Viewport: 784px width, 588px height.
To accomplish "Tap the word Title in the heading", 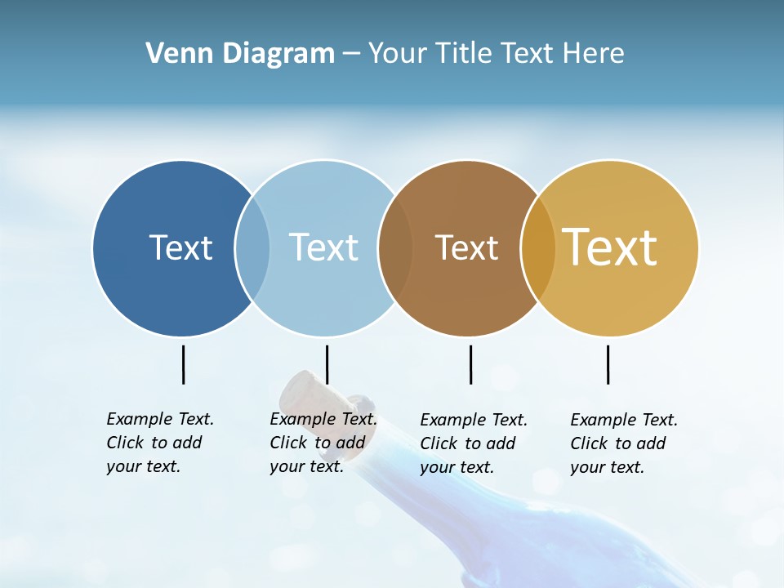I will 464,54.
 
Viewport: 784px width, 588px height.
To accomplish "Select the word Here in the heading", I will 594,54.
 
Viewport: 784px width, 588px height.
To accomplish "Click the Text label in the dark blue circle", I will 180,247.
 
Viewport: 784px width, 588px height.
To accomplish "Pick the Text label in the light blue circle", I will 323,247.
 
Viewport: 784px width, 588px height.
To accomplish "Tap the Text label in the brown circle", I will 466,247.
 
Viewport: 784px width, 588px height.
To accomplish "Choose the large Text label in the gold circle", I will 610,247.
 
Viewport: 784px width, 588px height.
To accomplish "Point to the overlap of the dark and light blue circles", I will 252,248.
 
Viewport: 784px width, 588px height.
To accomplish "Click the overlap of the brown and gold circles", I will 538,248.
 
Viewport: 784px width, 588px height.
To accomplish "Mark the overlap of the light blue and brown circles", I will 395,248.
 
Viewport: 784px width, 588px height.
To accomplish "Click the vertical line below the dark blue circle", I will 184,364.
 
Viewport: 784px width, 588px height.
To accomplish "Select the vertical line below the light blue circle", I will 327,364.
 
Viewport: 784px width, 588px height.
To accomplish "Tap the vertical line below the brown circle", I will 470,364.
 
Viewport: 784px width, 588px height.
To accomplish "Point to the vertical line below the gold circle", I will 608,364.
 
